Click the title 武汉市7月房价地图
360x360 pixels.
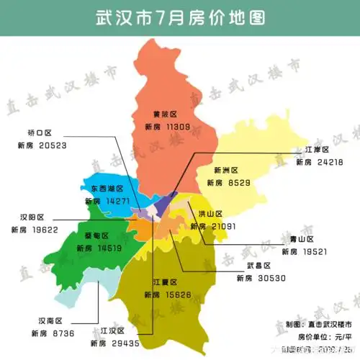tap(179, 17)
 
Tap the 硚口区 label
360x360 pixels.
tap(40, 133)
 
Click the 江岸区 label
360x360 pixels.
tap(316, 149)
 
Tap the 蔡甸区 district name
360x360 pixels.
tap(96, 236)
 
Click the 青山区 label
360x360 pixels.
tap(301, 239)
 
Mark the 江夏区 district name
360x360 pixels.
tap(165, 282)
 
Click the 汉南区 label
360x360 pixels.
tap(50, 321)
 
